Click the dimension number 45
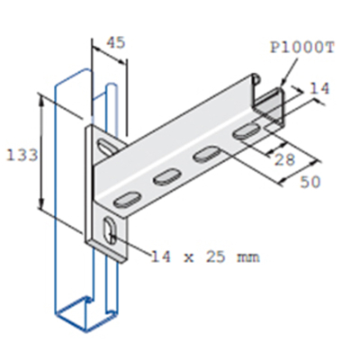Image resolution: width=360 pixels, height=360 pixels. pyautogui.click(x=115, y=41)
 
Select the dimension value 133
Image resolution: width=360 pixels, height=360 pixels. pyautogui.click(x=22, y=155)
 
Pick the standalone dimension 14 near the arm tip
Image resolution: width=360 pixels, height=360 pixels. pyautogui.click(x=319, y=89)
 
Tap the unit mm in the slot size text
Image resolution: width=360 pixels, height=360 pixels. pyautogui.click(x=247, y=257)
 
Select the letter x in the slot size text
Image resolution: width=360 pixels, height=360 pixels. pyautogui.click(x=176, y=257)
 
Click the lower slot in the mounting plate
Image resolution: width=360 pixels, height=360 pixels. pyautogui.click(x=108, y=231)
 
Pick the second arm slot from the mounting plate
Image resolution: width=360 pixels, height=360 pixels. pyautogui.click(x=166, y=176)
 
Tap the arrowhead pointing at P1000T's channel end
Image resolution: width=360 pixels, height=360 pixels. pyautogui.click(x=282, y=85)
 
